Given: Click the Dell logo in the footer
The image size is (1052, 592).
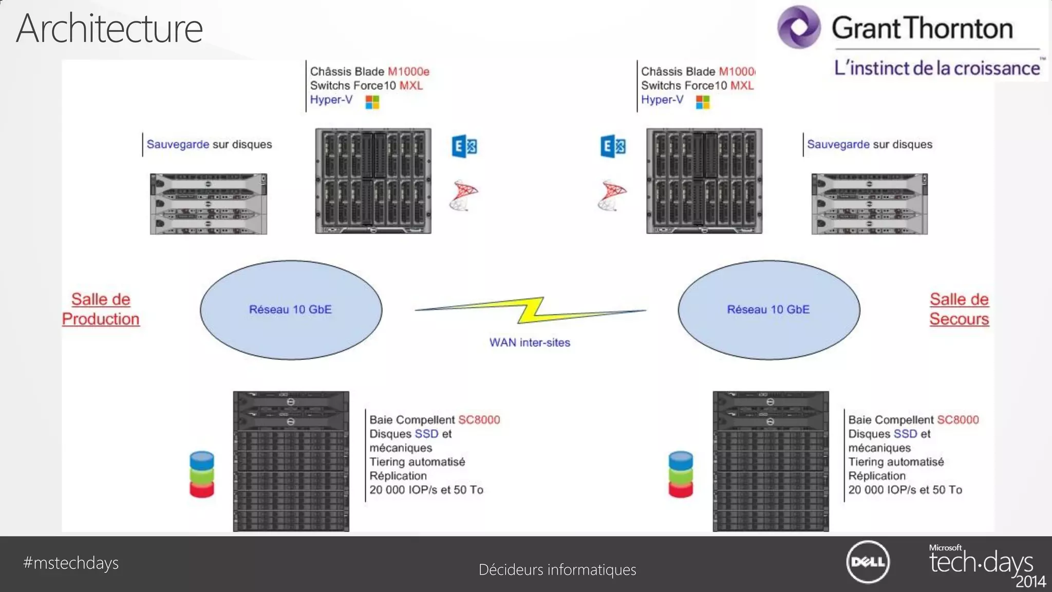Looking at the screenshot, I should click(x=868, y=562).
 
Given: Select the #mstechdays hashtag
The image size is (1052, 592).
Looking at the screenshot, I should click(x=71, y=563).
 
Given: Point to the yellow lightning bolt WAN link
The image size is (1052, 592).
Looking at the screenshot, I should click(x=530, y=310).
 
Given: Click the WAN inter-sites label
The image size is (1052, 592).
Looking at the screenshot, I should click(x=530, y=342).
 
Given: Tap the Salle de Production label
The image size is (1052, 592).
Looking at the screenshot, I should click(x=101, y=309).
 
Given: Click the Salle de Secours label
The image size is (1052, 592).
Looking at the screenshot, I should click(x=959, y=309).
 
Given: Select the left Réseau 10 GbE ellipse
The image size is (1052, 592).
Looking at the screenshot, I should click(x=291, y=309).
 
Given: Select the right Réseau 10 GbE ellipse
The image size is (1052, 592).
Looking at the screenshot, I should click(x=768, y=309).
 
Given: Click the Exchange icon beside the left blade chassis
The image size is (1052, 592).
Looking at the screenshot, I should click(x=464, y=146).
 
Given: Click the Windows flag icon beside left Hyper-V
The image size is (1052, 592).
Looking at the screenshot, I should click(x=372, y=102).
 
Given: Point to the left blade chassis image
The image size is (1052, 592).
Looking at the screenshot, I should click(x=373, y=181).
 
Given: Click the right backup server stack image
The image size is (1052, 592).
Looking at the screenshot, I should click(x=869, y=204).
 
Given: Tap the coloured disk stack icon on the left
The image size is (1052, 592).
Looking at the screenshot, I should click(x=202, y=474).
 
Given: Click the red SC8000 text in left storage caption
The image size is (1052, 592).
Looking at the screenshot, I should click(x=479, y=420).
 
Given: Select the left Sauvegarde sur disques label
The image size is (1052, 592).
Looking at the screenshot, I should click(x=209, y=144).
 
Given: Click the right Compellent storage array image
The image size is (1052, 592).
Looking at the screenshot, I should click(x=771, y=461).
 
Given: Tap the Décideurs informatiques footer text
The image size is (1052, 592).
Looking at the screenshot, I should click(x=557, y=569).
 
